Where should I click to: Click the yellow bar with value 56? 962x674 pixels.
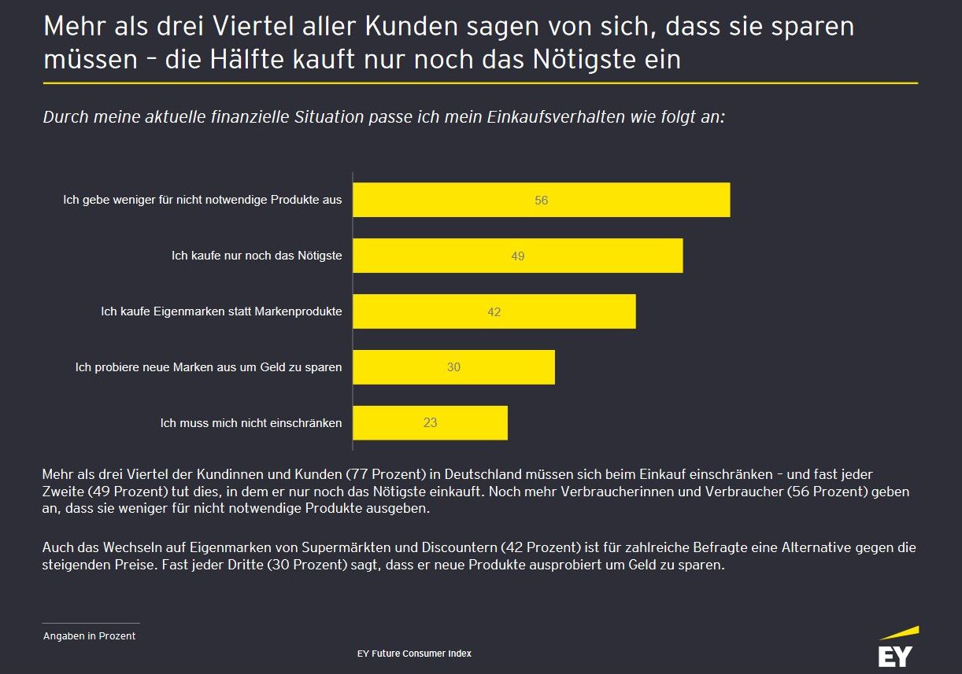[541, 200]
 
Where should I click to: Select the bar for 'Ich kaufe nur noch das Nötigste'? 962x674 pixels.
[517, 256]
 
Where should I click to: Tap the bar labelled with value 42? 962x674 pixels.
[494, 311]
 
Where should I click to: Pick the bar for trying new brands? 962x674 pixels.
[453, 367]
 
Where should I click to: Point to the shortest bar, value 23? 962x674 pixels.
[430, 423]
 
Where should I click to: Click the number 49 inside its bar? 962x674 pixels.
[517, 256]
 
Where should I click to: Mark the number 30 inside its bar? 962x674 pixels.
[453, 367]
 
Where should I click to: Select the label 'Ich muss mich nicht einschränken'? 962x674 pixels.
[251, 423]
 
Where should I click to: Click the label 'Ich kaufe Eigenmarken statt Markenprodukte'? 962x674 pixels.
[221, 311]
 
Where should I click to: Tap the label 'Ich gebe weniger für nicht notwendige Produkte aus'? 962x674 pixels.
[202, 200]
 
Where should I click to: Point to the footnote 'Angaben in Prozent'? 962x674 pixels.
[89, 636]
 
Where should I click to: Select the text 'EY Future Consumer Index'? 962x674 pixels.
[414, 654]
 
